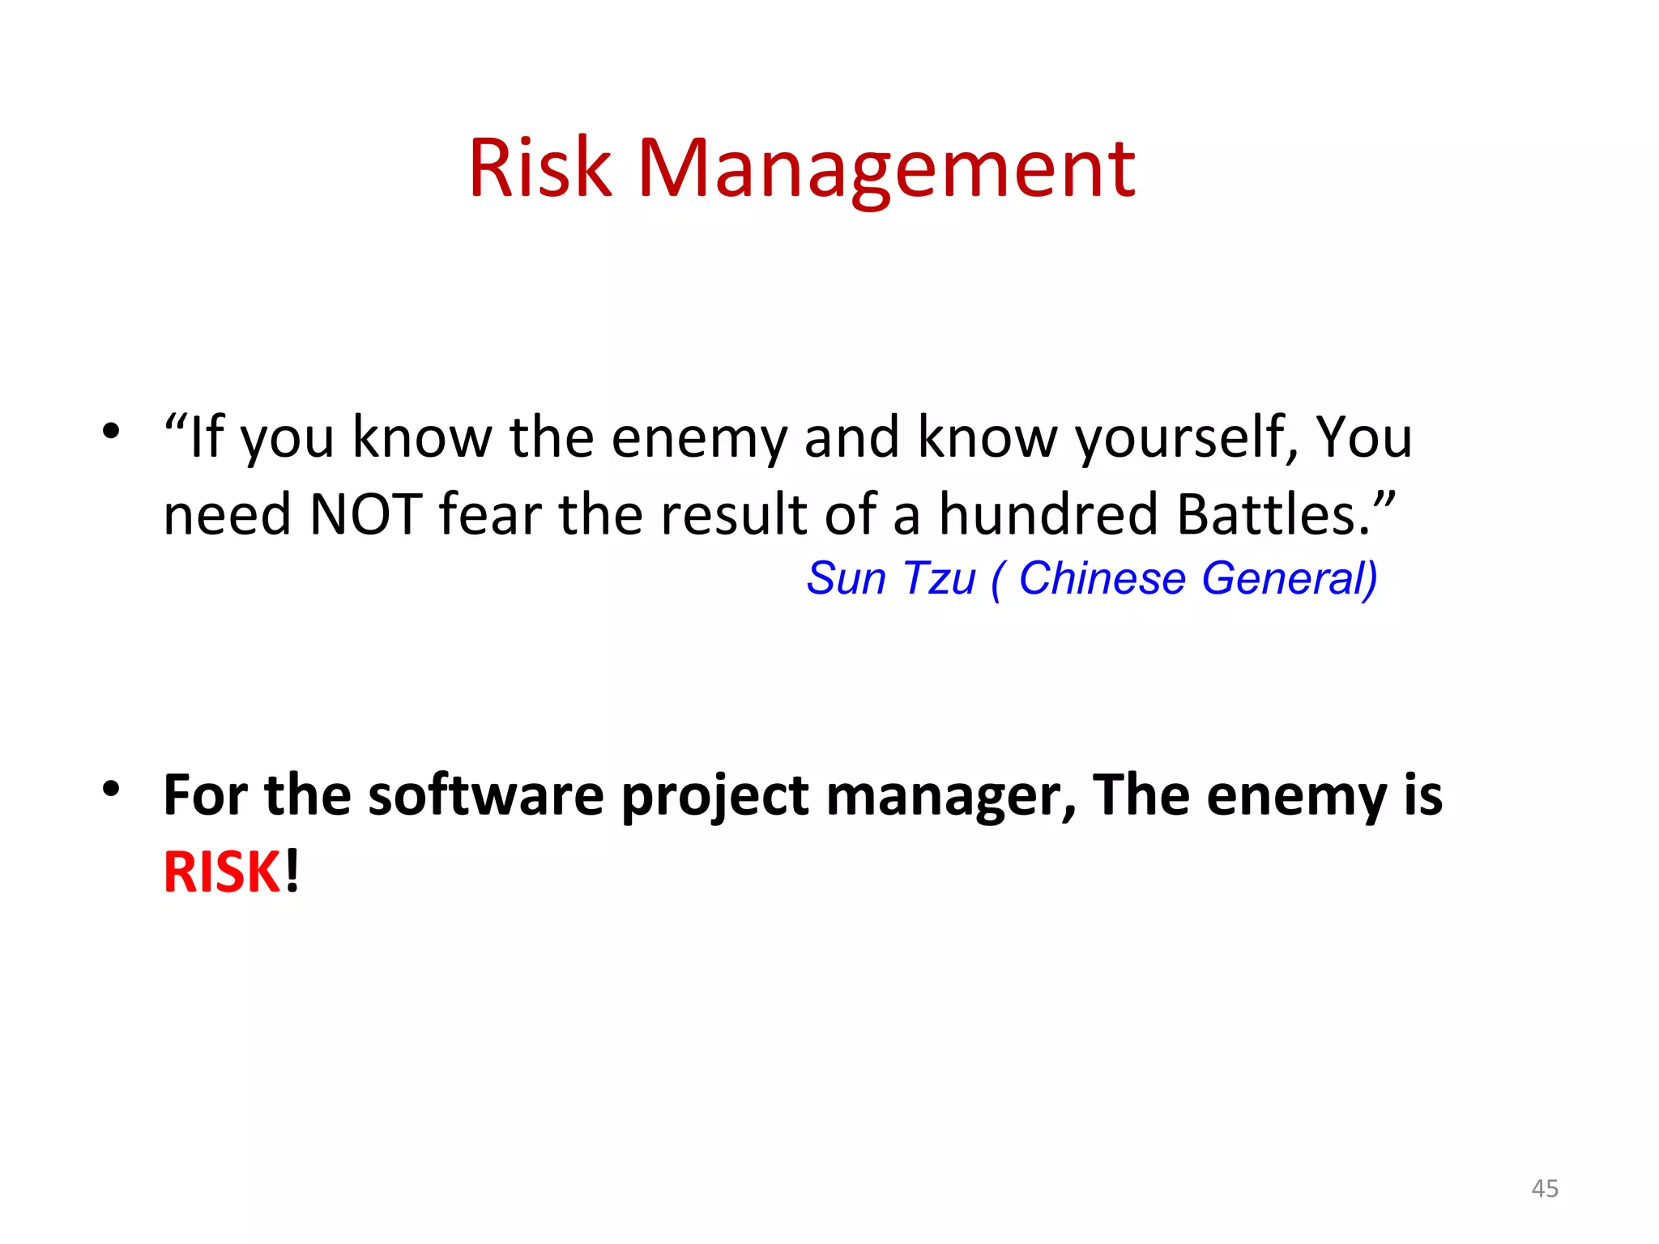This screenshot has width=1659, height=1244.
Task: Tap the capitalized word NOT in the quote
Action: tap(366, 515)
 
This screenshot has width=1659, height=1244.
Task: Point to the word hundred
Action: tap(1050, 515)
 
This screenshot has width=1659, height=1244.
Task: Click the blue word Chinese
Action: tap(1102, 579)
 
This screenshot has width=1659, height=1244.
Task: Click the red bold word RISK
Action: tap(222, 873)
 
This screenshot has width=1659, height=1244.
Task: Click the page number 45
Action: tap(1545, 1188)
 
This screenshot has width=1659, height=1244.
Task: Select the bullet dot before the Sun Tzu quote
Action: tap(111, 430)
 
